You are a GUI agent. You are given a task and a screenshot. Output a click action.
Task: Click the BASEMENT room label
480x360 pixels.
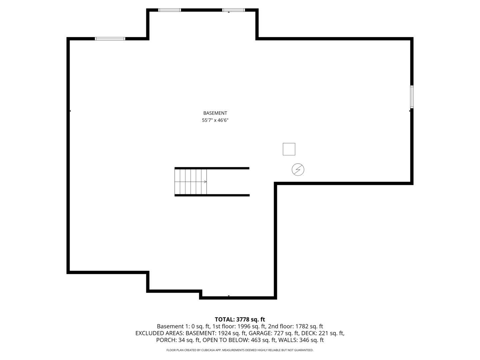215,113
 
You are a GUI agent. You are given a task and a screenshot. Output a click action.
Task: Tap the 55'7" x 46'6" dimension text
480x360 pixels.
215,120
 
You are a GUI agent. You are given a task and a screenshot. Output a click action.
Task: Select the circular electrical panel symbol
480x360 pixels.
298,170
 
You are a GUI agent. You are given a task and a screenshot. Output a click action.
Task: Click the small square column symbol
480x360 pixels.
289,149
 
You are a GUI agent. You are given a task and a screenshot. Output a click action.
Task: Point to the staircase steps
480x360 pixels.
190,182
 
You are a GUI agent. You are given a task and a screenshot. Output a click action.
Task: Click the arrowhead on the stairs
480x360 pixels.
205,182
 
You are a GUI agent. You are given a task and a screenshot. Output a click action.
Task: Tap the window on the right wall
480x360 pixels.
412,97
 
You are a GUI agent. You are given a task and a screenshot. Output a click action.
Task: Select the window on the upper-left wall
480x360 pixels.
110,39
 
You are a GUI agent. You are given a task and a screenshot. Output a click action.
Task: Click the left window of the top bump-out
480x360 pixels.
169,10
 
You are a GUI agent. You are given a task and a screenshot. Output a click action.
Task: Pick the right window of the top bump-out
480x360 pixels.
233,10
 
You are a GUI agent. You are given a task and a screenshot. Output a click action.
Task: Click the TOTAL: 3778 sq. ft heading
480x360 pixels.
240,320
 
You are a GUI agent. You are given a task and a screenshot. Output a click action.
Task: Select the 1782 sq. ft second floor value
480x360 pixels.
309,327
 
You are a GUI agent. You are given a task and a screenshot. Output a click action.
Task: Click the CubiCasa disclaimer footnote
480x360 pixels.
240,350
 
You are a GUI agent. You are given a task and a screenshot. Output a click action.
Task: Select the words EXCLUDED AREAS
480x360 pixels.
159,333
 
